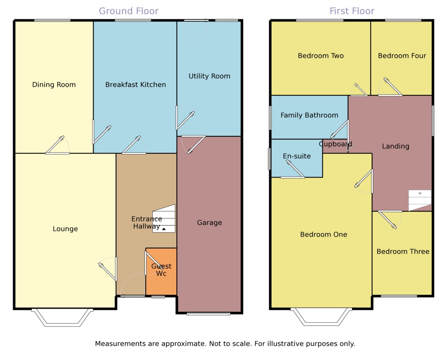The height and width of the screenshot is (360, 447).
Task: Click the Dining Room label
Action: [x=54, y=85]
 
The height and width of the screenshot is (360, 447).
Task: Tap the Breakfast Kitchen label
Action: [x=135, y=85]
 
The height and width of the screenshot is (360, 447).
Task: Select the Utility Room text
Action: [x=209, y=76]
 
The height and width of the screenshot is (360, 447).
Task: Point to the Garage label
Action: [x=209, y=223]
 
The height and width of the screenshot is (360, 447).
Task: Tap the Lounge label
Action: [x=65, y=229]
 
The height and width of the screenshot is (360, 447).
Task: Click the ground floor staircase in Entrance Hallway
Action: [x=164, y=219]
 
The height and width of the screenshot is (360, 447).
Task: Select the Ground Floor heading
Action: [x=129, y=11]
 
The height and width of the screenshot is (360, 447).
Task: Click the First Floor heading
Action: [x=352, y=11]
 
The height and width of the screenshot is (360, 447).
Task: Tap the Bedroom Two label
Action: [x=320, y=56]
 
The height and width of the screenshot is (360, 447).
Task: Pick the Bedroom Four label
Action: [x=402, y=56]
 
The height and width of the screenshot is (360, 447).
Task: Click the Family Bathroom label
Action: [x=309, y=116]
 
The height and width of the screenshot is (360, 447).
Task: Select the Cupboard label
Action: [x=335, y=144]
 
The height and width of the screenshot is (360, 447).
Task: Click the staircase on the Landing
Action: [x=420, y=200]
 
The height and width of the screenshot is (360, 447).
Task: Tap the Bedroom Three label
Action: [x=403, y=252]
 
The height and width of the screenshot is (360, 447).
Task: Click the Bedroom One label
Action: [x=324, y=235]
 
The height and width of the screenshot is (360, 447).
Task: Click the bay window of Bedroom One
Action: [x=321, y=317]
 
